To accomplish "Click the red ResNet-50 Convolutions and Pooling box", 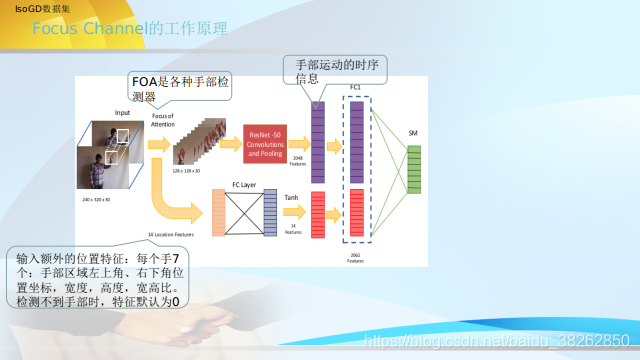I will (x=265, y=144).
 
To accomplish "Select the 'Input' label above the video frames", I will (x=122, y=112).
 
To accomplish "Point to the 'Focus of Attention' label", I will (x=163, y=119).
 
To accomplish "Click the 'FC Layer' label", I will (x=244, y=184).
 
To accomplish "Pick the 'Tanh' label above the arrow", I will (x=292, y=198).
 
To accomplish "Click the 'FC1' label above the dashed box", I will (x=355, y=88).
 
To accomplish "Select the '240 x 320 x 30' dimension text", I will (x=96, y=200).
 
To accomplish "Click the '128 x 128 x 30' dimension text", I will (x=185, y=172).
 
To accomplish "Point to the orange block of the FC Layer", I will (x=217, y=212).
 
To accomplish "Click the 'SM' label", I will (x=413, y=133).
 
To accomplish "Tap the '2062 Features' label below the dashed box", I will (x=356, y=258).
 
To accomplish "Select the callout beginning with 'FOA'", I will (x=180, y=88).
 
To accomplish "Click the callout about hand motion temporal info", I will (x=334, y=69).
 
